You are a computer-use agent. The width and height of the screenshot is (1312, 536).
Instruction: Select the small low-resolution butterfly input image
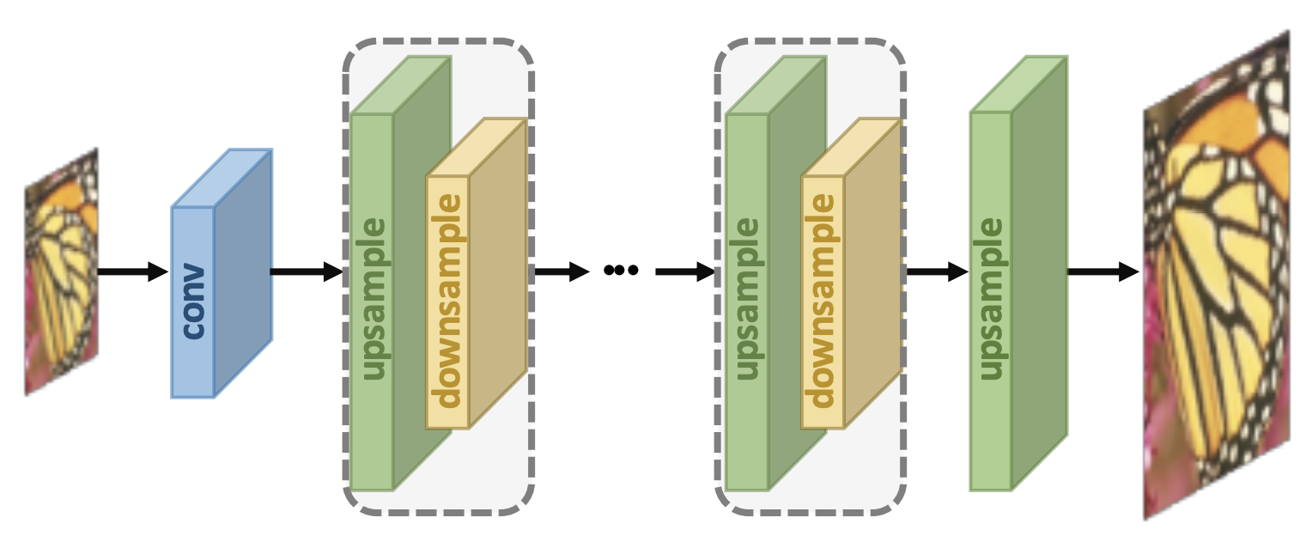61,271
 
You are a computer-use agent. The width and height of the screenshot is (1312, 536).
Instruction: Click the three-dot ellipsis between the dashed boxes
621,271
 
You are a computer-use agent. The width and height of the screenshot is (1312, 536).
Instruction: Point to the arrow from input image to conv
133,272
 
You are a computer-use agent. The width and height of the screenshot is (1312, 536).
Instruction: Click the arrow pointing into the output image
1102,272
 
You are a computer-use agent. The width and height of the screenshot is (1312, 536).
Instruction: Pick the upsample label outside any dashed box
992,299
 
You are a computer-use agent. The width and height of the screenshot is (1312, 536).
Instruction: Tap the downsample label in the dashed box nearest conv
447,301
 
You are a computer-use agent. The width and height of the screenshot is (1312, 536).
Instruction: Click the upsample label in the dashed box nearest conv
373,299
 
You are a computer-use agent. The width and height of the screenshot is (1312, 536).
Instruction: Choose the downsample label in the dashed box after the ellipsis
823,301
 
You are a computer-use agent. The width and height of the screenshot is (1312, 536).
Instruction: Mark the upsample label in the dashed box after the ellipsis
748,299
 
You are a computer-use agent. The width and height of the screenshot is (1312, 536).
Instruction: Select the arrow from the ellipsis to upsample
684,272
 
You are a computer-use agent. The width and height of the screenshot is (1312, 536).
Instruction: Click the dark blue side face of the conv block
243,275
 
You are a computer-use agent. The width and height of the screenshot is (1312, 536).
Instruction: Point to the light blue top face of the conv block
222,179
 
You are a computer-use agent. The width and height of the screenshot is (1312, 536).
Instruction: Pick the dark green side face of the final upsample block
1040,275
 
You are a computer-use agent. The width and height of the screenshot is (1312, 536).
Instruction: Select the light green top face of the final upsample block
1019,84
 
